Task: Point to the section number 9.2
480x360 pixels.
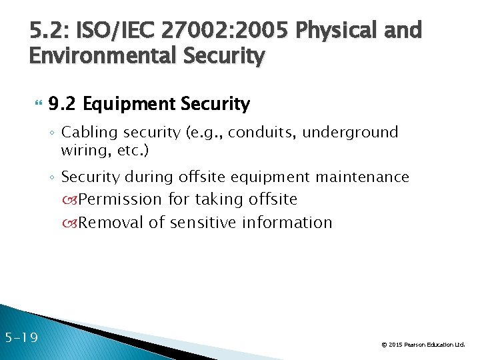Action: point(63,104)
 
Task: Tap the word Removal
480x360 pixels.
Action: point(111,222)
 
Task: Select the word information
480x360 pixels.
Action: point(290,222)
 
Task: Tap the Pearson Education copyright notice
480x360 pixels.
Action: point(423,345)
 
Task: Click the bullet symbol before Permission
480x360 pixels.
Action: point(71,200)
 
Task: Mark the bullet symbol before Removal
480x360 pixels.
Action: point(71,223)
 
